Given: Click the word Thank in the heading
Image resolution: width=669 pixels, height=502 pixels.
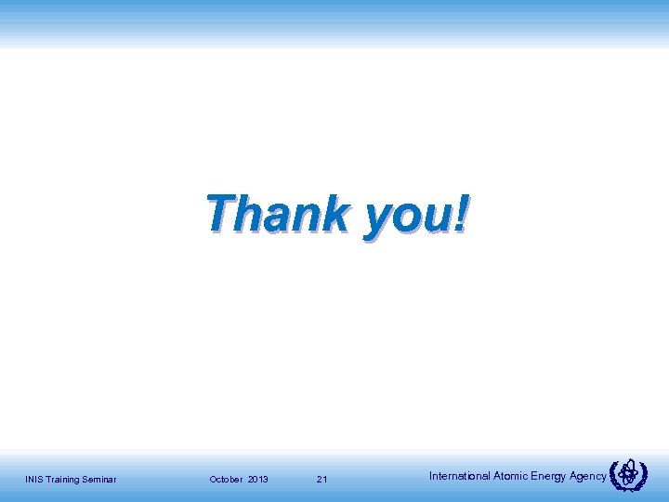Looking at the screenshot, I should pos(277,214).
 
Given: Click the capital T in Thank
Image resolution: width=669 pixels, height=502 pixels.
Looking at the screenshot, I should pos(221,213).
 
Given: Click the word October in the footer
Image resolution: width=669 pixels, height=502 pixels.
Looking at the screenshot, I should pos(226,480).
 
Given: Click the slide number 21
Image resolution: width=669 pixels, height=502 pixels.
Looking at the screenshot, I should pos(321,480).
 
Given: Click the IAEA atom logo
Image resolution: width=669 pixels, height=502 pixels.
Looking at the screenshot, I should pos(630,475).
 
